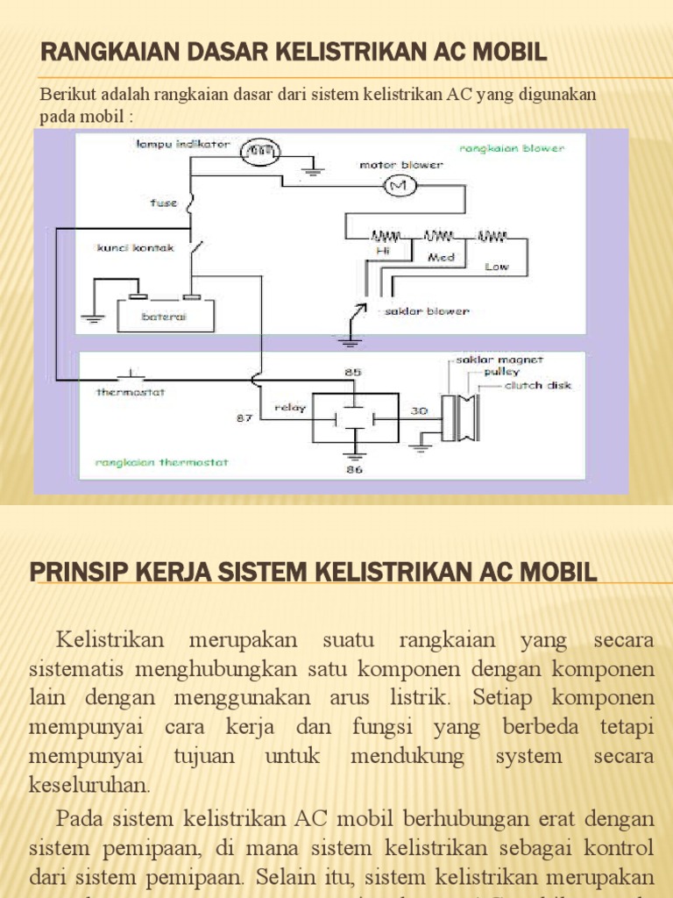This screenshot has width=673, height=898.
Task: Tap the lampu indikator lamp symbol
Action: (258, 152)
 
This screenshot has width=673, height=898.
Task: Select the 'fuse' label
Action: (164, 203)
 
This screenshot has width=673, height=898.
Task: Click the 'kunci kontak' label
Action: (135, 248)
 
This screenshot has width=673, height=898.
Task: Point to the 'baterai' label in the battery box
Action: (165, 316)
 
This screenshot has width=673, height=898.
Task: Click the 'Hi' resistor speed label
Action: (383, 250)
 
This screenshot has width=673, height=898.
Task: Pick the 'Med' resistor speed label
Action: (440, 258)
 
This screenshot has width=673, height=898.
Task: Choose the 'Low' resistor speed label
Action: (497, 267)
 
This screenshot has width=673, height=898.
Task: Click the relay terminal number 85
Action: (353, 372)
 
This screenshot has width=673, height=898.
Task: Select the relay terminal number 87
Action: (245, 418)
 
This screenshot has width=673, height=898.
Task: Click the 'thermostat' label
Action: (131, 392)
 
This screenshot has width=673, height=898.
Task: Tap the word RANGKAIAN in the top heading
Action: (105, 53)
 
